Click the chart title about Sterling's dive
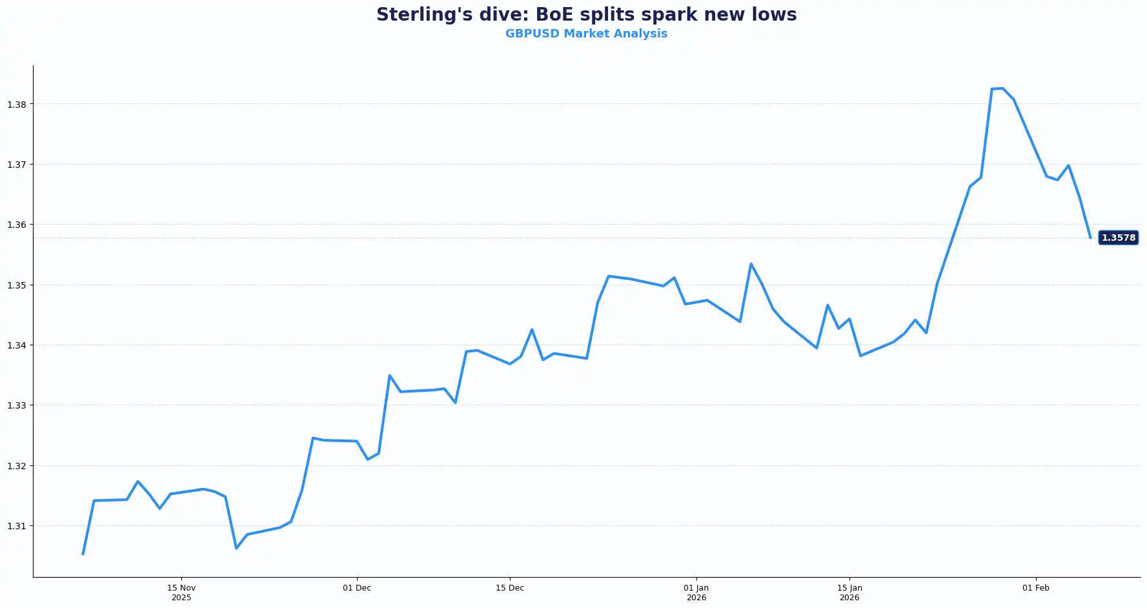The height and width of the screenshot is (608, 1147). (586, 15)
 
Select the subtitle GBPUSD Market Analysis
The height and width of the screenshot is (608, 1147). (586, 34)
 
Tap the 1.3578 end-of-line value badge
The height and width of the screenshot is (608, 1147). (1118, 238)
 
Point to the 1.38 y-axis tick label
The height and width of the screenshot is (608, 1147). (16, 105)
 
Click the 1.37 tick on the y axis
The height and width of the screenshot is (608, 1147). (16, 165)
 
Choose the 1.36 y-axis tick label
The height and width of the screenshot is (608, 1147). (16, 225)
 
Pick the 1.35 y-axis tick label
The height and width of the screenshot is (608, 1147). (16, 285)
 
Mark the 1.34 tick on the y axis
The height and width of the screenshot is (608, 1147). (16, 345)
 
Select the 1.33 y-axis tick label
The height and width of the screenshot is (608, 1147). (16, 405)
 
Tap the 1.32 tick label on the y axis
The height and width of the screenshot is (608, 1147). (16, 466)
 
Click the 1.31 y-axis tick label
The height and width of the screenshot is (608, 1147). (16, 526)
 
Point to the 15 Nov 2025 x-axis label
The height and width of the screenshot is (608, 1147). (181, 593)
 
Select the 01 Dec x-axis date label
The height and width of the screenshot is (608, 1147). (357, 588)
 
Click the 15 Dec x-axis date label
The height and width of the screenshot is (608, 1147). (510, 588)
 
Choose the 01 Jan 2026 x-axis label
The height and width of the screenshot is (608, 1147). (696, 593)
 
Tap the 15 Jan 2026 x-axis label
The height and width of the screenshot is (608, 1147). (849, 593)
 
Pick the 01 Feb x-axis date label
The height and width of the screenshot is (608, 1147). (1036, 588)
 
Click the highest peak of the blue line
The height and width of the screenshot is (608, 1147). (1002, 88)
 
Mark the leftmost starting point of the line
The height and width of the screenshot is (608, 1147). (83, 554)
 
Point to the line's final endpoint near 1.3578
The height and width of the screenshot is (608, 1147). (1090, 238)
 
